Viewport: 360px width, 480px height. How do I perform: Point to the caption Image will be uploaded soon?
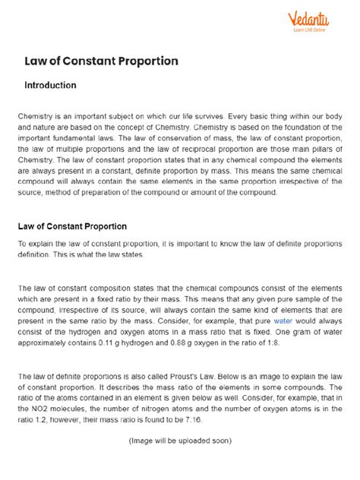[180, 440]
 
